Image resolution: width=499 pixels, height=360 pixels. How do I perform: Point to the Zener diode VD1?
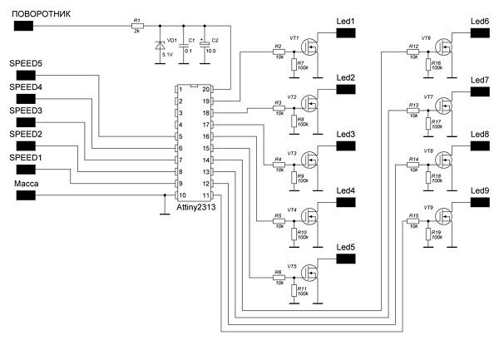160,47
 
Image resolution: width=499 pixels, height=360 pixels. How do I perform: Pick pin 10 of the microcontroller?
179,195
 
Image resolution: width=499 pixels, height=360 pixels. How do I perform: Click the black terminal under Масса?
26,196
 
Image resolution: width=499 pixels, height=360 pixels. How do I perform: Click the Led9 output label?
480,190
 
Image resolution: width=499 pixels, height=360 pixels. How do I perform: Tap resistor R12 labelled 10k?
413,52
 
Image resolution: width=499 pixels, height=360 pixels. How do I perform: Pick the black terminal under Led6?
480,32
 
